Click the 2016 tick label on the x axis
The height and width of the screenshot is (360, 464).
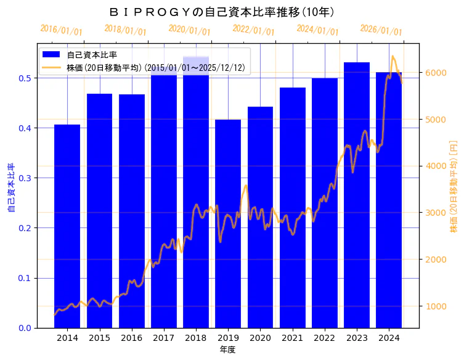pyautogui.click(x=131, y=338)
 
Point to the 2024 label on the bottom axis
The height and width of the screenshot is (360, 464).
pyautogui.click(x=389, y=338)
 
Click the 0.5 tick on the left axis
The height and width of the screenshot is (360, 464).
pyautogui.click(x=25, y=78)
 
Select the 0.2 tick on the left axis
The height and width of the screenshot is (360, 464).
pyautogui.click(x=25, y=228)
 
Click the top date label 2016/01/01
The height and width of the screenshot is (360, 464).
pyautogui.click(x=61, y=30)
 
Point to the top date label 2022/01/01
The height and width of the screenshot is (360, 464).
pyautogui.click(x=253, y=30)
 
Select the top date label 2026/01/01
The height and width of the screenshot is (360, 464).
pyautogui.click(x=381, y=30)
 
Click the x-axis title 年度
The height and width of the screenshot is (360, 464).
pyautogui.click(x=227, y=350)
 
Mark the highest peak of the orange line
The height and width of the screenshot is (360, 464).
pyautogui.click(x=393, y=56)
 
